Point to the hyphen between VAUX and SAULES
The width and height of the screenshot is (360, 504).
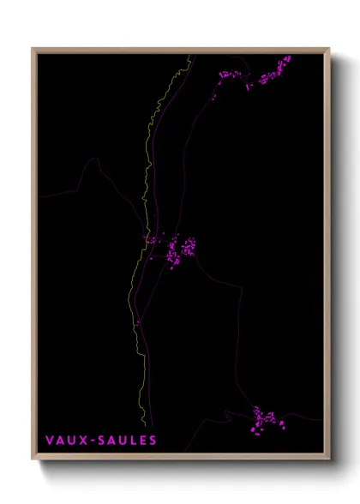coord(91,441)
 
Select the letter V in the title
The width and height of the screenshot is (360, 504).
coord(50,441)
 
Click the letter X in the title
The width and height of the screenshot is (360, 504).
coord(82,441)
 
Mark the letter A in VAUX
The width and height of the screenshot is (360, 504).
coord(60,441)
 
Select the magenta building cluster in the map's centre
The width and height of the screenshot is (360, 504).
coord(180,249)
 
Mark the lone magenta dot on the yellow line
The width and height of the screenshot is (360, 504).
coord(136,322)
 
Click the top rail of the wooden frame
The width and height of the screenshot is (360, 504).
coord(180,51)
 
